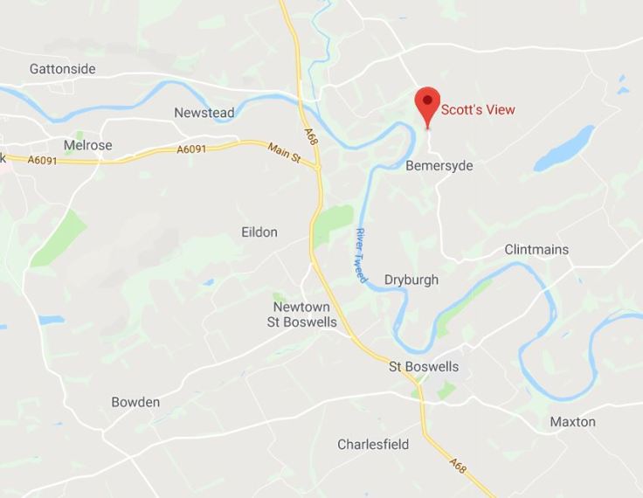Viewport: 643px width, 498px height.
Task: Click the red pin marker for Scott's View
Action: pos(427,105)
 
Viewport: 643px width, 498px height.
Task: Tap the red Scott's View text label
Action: pos(478,110)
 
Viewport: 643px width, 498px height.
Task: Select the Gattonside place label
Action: pos(62,69)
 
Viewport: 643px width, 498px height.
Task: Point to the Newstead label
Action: pos(204,113)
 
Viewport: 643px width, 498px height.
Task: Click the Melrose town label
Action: pos(87,145)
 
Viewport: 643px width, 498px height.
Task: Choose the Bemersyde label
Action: pos(439,166)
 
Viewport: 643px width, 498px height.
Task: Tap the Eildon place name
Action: pos(259,232)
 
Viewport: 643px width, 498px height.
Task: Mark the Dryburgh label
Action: pos(411,280)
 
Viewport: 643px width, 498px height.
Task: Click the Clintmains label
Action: pos(536,250)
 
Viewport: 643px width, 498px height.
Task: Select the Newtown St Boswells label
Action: pos(301,315)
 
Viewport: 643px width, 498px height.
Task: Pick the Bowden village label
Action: pos(135,403)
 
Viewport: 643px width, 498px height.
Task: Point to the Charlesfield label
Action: pos(373,445)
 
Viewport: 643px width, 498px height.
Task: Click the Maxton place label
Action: pos(572,422)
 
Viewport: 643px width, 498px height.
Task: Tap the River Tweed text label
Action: pos(361,254)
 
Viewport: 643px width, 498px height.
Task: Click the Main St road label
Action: pos(284,155)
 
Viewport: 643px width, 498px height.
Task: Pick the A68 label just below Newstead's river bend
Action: pos(310,135)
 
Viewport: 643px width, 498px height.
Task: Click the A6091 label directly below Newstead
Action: pos(191,150)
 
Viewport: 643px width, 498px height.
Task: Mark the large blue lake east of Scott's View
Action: pos(564,149)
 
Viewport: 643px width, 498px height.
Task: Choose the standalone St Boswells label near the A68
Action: pos(424,367)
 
